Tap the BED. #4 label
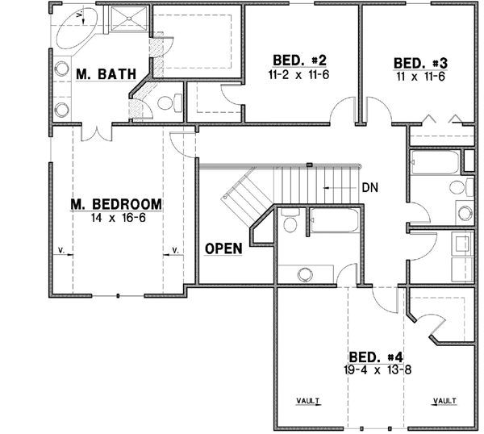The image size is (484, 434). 375,357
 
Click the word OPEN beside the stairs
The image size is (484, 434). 223,248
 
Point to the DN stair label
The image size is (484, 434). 370,188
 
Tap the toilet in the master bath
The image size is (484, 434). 166,102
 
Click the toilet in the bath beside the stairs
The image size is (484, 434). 290,220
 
